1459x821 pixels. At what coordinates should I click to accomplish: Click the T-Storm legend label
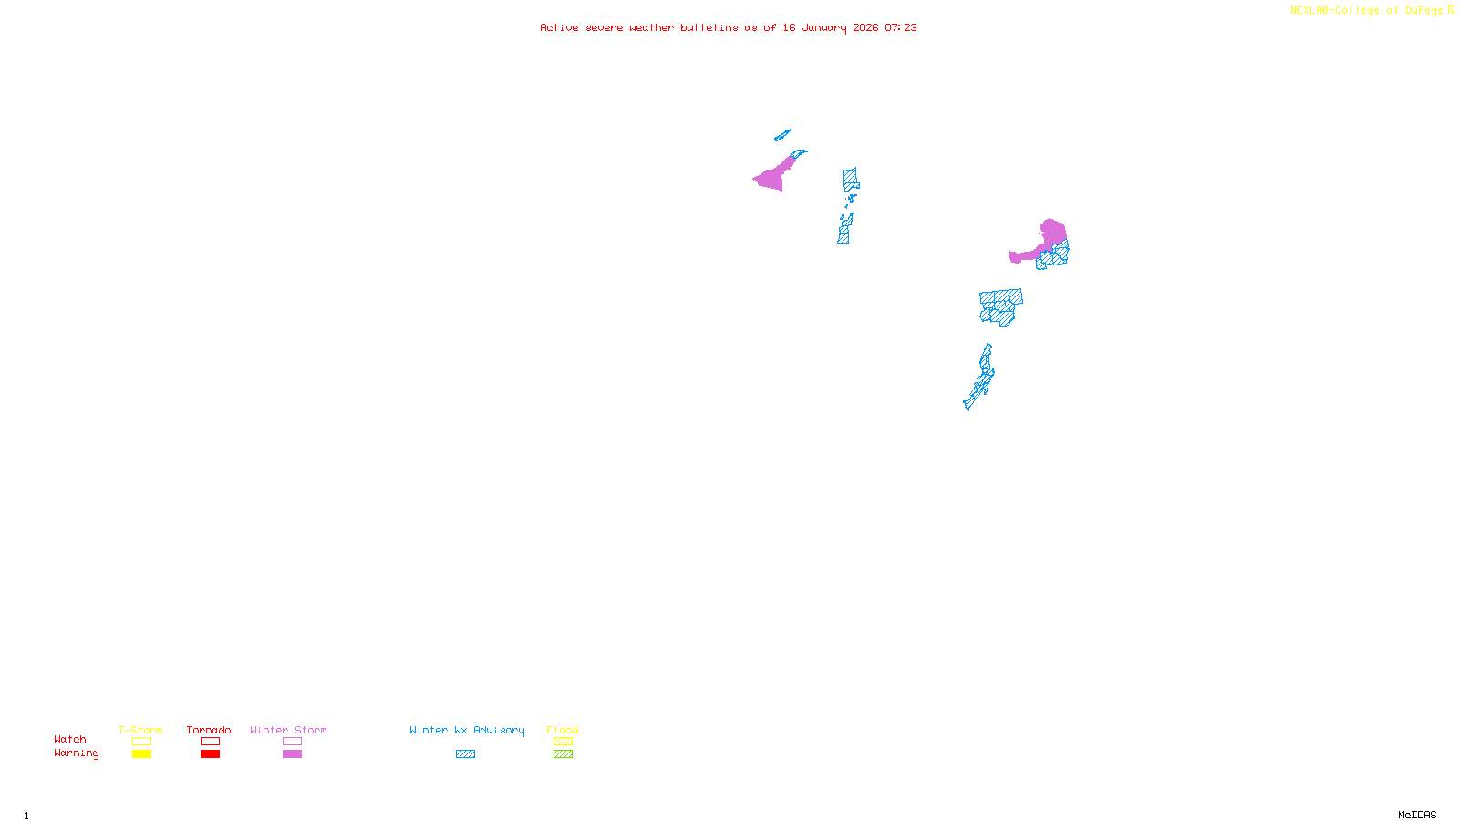pyautogui.click(x=140, y=730)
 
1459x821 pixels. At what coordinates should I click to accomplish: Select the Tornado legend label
pyautogui.click(x=209, y=730)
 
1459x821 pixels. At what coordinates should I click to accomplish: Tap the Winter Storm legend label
pyautogui.click(x=288, y=730)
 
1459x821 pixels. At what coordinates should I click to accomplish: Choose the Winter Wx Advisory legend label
pyautogui.click(x=467, y=730)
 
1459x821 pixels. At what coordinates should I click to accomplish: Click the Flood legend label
pyautogui.click(x=563, y=730)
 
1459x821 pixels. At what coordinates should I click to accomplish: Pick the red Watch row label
pyautogui.click(x=70, y=739)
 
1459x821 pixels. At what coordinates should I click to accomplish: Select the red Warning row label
pyautogui.click(x=77, y=753)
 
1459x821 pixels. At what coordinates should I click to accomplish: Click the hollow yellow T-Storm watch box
pyautogui.click(x=141, y=742)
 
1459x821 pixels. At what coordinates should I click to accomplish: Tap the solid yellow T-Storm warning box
pyautogui.click(x=141, y=754)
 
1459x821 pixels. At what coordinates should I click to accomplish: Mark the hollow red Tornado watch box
pyautogui.click(x=210, y=742)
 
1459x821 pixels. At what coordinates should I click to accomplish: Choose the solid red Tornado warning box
pyautogui.click(x=210, y=754)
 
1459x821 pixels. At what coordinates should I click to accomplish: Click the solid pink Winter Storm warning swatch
pyautogui.click(x=292, y=754)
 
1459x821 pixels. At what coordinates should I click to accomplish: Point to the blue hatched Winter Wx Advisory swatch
pyautogui.click(x=465, y=754)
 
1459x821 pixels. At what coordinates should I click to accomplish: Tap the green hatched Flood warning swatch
pyautogui.click(x=563, y=754)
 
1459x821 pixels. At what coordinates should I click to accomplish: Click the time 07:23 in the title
pyautogui.click(x=901, y=28)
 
